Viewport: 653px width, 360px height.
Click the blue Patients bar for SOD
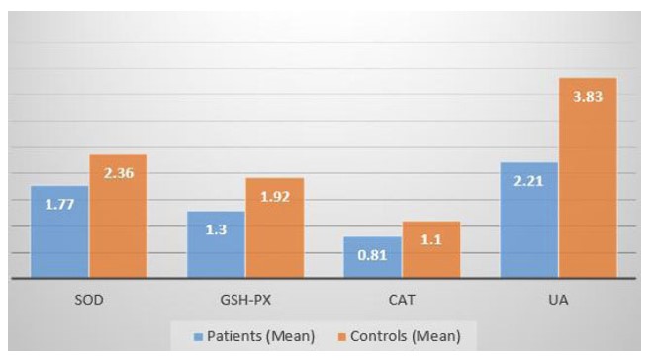(x=59, y=232)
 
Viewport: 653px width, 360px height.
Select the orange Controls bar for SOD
(x=118, y=217)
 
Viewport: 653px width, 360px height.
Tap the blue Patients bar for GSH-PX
(x=216, y=245)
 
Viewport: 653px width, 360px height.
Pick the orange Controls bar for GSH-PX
(x=274, y=228)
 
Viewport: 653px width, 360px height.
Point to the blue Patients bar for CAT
(x=372, y=258)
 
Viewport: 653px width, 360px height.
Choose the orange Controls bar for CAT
(x=430, y=250)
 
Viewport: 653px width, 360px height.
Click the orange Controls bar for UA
(x=588, y=178)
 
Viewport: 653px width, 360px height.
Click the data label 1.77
(x=59, y=205)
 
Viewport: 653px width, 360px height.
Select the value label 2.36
(x=118, y=173)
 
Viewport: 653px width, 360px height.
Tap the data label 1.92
(x=274, y=197)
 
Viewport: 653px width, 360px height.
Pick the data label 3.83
(x=588, y=96)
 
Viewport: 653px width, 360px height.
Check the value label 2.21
(x=529, y=181)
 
